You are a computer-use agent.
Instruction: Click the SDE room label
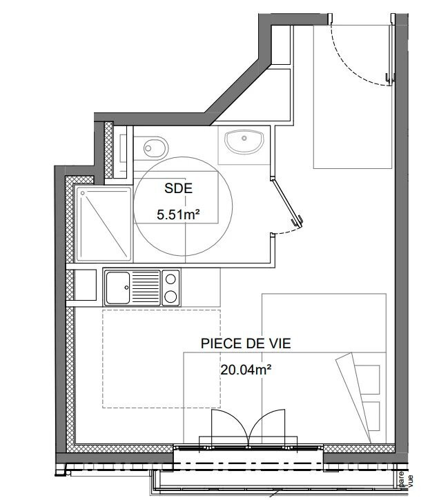pyautogui.click(x=178, y=188)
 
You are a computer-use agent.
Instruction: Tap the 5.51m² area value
pyautogui.click(x=178, y=214)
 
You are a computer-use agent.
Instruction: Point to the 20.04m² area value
pyautogui.click(x=245, y=370)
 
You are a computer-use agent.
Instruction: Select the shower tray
pyautogui.click(x=103, y=224)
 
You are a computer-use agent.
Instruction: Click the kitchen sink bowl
pyautogui.click(x=117, y=287)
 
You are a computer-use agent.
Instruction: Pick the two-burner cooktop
pyautogui.click(x=170, y=288)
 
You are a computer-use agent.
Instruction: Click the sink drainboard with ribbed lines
pyautogui.click(x=146, y=287)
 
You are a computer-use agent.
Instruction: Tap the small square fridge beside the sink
pyautogui.click(x=85, y=285)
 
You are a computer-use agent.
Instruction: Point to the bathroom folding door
pyautogui.click(x=289, y=204)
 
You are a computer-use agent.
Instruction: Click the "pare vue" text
pyautogui.click(x=404, y=477)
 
